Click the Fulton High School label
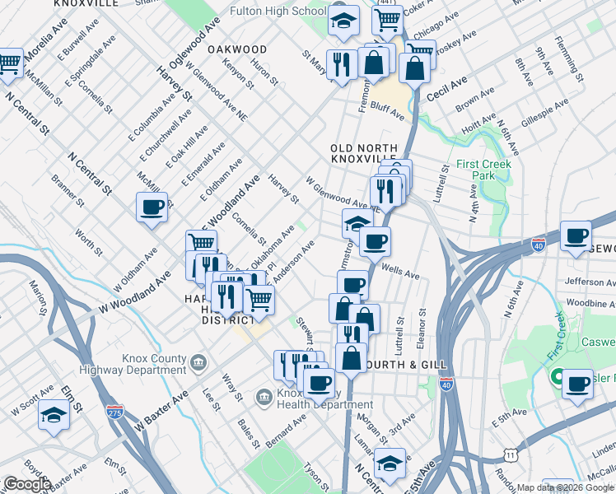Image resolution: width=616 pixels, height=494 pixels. coord(278,12)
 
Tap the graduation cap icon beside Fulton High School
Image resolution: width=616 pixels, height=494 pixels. coord(343,23)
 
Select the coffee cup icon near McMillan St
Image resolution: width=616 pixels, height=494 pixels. coord(152,209)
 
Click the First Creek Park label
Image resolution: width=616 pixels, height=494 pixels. coord(484,170)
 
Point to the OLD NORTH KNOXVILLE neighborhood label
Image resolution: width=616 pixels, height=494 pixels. coord(363,152)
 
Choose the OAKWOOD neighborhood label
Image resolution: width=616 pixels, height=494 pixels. coord(237,49)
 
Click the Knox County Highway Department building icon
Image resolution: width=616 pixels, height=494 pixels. coord(198,362)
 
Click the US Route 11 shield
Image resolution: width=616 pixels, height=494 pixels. coord(511,454)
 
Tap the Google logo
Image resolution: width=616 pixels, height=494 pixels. coord(27,484)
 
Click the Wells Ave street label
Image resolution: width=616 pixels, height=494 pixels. coord(401,270)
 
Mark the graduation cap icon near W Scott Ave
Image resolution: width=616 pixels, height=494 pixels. coord(54,417)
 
